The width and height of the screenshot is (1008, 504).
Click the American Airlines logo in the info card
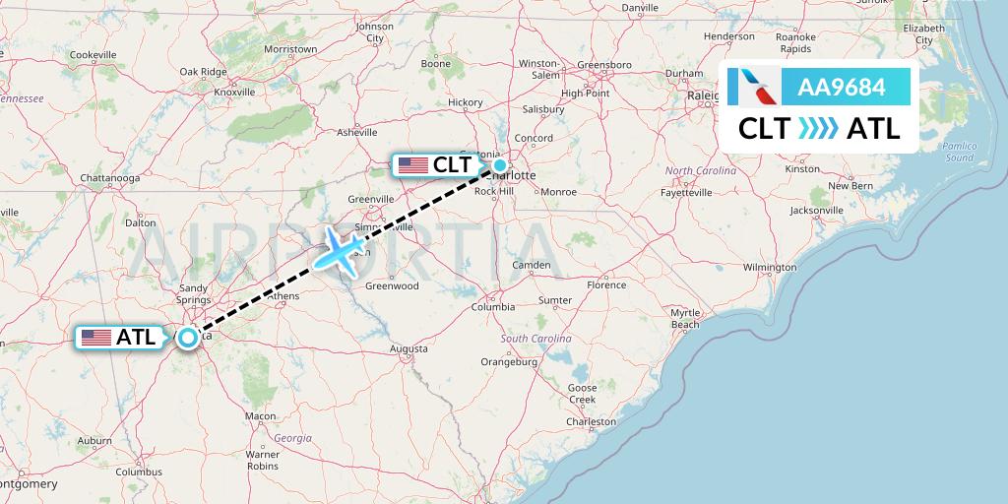click(753, 88)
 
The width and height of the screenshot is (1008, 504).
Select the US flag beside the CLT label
click(413, 165)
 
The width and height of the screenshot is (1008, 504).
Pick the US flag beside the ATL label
click(96, 337)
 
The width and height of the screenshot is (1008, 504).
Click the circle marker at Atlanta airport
click(187, 337)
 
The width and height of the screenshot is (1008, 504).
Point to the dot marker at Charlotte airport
click(500, 165)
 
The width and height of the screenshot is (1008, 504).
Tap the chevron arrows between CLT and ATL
click(818, 128)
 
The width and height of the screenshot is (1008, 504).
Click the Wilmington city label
click(770, 267)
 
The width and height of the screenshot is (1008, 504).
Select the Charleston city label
click(591, 421)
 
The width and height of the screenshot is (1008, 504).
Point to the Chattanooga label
click(109, 178)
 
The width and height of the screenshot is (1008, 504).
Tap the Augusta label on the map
click(409, 348)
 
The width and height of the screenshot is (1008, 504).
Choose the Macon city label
click(260, 416)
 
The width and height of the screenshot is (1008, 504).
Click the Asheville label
click(356, 131)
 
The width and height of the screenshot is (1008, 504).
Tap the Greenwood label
click(392, 286)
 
